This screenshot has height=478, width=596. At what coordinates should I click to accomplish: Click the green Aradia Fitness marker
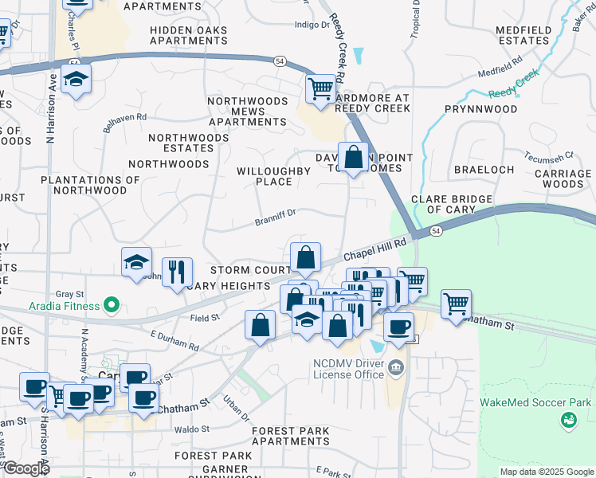click(112, 305)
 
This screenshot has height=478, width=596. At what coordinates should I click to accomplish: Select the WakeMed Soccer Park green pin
click(568, 419)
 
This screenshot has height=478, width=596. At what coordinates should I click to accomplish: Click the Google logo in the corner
click(25, 468)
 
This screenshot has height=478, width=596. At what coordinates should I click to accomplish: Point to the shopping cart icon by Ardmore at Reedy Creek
click(320, 88)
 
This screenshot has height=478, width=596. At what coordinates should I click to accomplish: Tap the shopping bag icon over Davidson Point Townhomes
click(352, 155)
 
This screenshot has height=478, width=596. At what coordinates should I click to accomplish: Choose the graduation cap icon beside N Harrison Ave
click(76, 80)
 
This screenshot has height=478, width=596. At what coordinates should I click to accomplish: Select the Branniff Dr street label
click(276, 213)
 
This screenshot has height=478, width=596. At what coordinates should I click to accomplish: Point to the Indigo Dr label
click(312, 25)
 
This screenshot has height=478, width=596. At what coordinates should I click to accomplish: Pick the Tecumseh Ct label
click(549, 155)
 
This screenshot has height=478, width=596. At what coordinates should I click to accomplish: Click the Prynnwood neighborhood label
click(480, 108)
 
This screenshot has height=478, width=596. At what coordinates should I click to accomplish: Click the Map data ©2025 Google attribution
click(546, 472)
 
